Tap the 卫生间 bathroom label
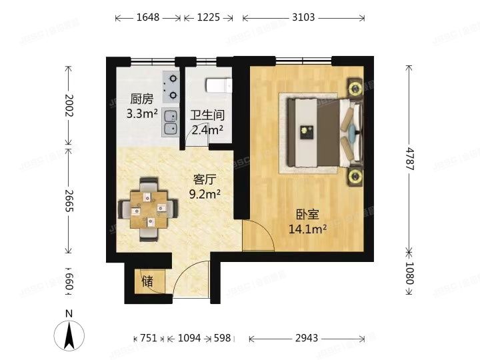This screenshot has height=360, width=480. (207, 115)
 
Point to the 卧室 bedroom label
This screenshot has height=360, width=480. (307, 215)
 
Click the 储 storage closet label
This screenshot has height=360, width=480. (147, 281)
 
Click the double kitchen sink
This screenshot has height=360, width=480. (170, 122)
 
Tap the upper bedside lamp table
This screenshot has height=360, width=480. (353, 87)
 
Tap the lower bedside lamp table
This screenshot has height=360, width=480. (354, 177)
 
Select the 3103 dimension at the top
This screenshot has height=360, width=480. (303, 18)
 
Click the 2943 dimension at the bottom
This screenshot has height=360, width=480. (306, 338)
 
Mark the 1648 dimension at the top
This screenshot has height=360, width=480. (147, 18)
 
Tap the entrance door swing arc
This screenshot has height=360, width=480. (190, 280)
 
